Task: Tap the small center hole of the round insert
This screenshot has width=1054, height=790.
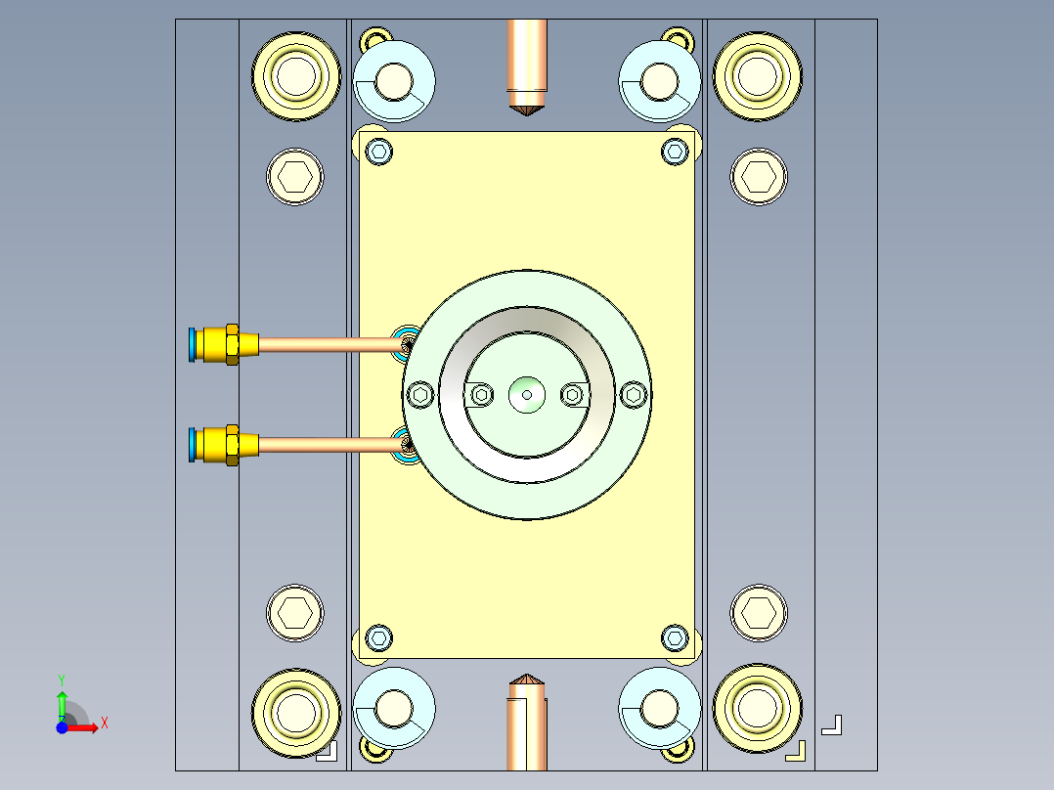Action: click(x=527, y=395)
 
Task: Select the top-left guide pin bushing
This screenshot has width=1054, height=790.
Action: click(x=296, y=76)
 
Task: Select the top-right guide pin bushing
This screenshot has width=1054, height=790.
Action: click(x=758, y=76)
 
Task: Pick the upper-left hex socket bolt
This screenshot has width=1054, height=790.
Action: click(x=295, y=177)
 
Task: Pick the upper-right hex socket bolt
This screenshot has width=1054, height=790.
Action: click(x=759, y=177)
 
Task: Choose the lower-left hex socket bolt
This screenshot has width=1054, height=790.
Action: click(x=295, y=613)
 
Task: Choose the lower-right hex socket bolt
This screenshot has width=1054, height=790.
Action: click(x=759, y=613)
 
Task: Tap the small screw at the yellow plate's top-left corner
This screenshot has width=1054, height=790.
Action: click(x=379, y=151)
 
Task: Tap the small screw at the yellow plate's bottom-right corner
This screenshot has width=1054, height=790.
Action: click(x=675, y=638)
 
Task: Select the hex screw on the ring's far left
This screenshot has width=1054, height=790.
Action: click(x=421, y=395)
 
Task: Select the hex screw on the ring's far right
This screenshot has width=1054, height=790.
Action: click(x=634, y=395)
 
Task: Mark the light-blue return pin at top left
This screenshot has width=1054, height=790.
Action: click(x=394, y=81)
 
